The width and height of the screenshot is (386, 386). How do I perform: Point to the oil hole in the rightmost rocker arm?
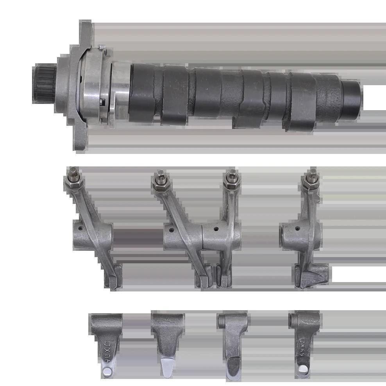click(297, 228)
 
